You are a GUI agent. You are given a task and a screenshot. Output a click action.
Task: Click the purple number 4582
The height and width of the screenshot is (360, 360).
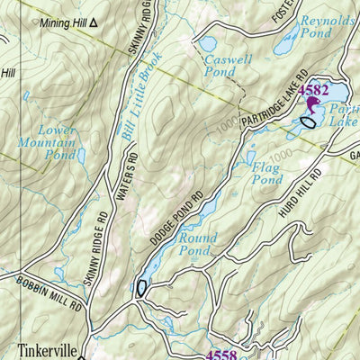[x=313, y=92]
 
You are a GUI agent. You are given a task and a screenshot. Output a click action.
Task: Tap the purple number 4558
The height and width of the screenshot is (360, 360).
[x=223, y=354]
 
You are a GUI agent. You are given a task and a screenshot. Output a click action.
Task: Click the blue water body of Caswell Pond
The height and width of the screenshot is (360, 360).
[x=207, y=42]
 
